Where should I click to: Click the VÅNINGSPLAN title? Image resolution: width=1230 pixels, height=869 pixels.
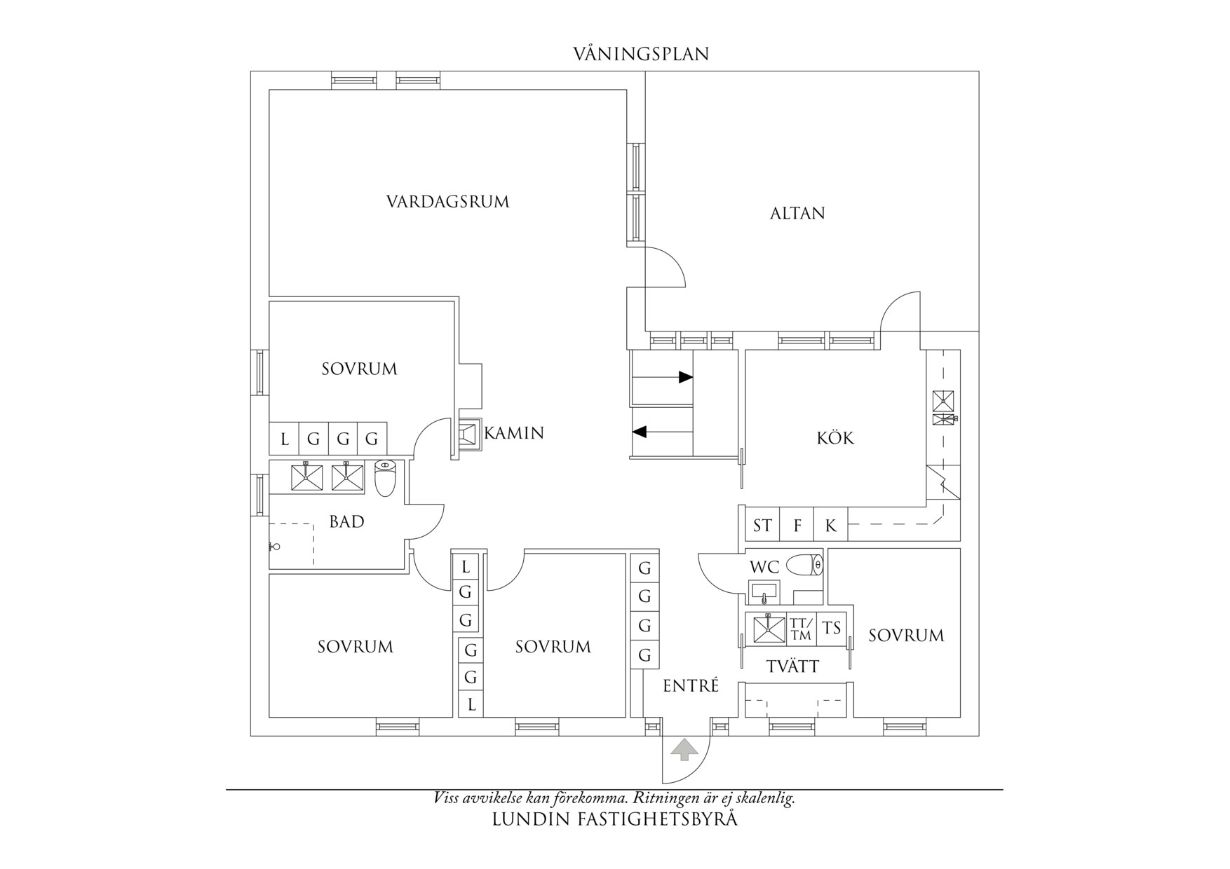tap(641, 54)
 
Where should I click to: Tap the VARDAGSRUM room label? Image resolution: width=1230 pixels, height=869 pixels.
tap(447, 202)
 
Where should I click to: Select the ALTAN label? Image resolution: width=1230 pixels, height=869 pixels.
tap(797, 213)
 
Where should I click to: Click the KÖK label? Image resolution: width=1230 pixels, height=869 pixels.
tap(835, 438)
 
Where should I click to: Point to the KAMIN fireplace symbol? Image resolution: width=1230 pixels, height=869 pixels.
tap(470, 433)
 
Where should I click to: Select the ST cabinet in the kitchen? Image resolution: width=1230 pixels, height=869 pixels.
tap(762, 525)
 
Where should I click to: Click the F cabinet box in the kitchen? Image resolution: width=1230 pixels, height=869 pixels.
tap(797, 525)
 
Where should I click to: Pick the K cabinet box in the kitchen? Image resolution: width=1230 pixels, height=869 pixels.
tap(831, 525)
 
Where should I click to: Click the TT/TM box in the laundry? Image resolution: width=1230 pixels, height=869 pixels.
tap(801, 629)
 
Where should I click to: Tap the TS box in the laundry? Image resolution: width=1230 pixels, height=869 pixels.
tap(832, 629)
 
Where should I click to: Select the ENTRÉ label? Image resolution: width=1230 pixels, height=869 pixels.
tap(691, 686)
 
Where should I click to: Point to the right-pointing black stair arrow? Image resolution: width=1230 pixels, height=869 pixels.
tap(663, 377)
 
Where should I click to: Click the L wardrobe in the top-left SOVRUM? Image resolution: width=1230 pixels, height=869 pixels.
tap(284, 439)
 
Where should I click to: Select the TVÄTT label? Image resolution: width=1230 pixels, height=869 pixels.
tap(792, 666)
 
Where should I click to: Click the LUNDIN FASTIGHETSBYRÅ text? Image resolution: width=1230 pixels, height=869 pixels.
tap(615, 819)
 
